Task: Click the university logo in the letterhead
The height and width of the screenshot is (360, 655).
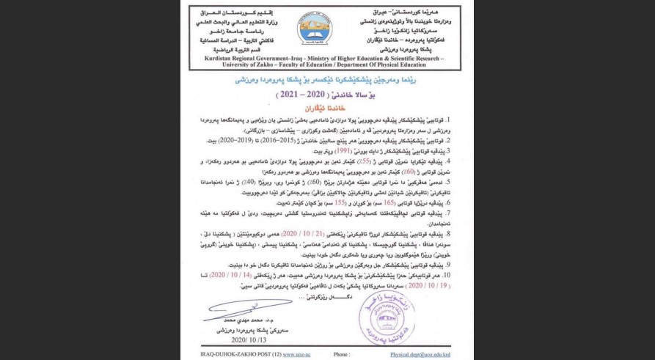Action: pyautogui.click(x=314, y=29)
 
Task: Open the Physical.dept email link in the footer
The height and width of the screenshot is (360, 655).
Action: pyautogui.click(x=420, y=353)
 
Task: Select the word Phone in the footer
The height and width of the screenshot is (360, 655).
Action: pyautogui.click(x=343, y=353)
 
